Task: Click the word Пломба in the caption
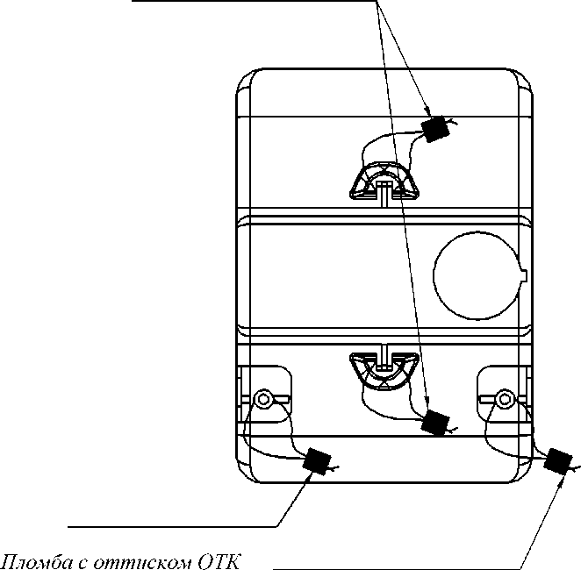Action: click(38, 562)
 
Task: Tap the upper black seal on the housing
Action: click(435, 129)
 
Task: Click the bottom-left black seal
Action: click(317, 460)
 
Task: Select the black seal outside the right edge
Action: click(558, 461)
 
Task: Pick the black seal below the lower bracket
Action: click(435, 423)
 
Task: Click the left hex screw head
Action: click(263, 399)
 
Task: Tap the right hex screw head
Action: click(505, 399)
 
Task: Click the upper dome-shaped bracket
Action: click(385, 182)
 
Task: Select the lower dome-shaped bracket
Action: click(385, 371)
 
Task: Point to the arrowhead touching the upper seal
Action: click(427, 111)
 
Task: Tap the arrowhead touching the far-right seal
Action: click(562, 481)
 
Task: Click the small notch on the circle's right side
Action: click(524, 275)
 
